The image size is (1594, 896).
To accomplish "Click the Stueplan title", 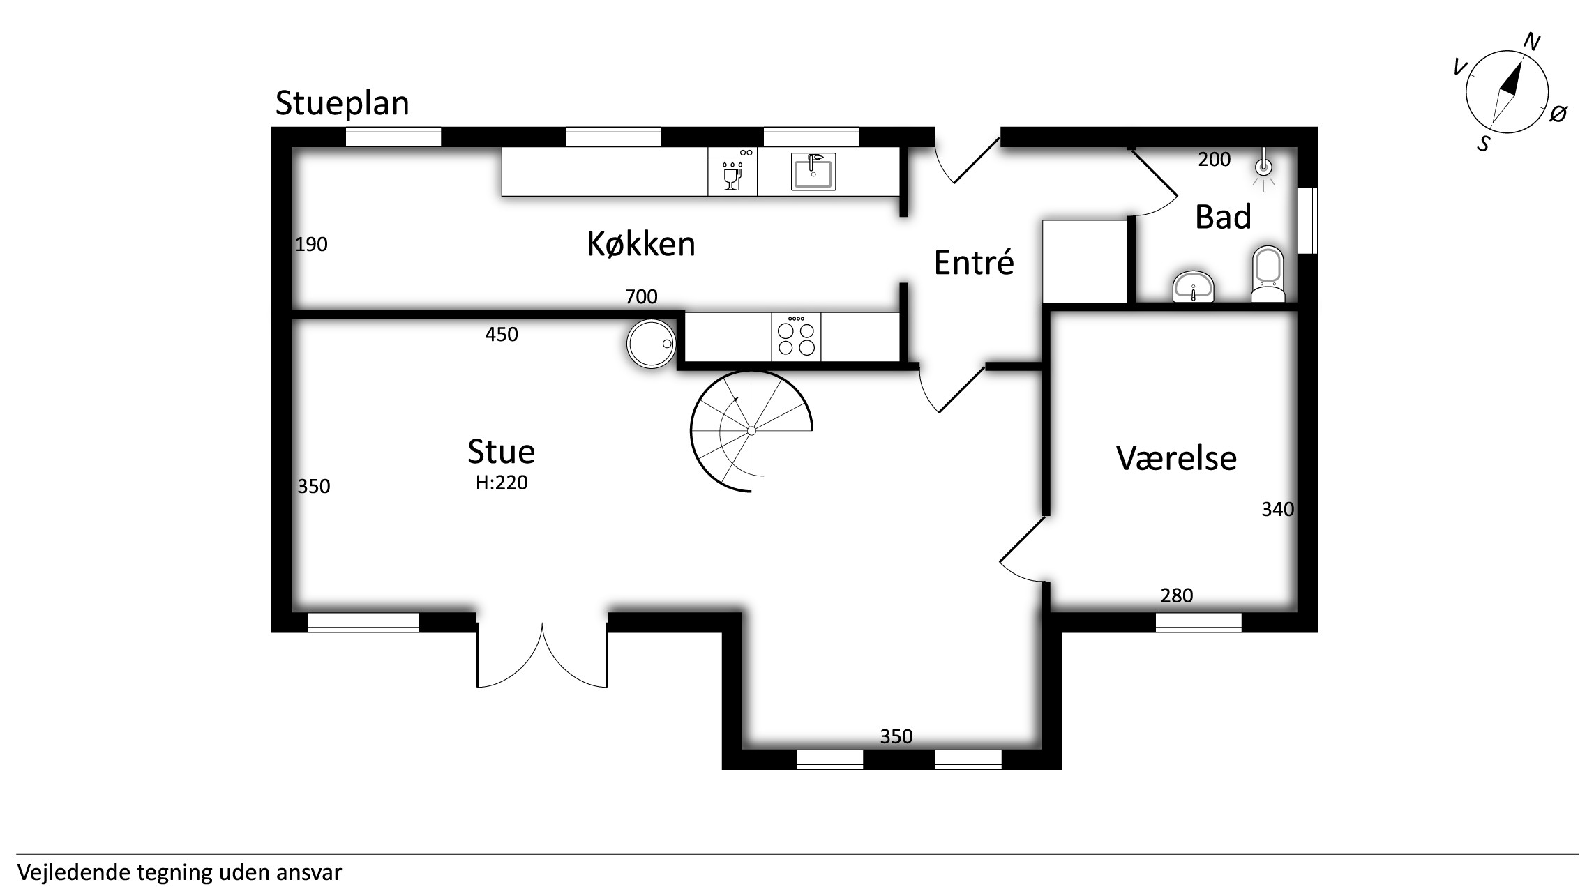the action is coord(342,104).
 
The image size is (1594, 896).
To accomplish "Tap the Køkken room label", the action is coord(641,244).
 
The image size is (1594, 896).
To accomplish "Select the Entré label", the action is coord(974,262).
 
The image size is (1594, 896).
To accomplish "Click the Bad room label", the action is coord(1223,217).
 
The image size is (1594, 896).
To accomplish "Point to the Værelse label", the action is coord(1176,458).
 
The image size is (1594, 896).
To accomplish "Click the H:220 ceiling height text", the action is coord(502,483).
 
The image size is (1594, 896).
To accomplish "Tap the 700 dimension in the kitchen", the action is coord(641,297).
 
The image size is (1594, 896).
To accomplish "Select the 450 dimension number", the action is coord(502,335).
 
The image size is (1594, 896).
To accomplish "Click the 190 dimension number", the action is coord(311,245).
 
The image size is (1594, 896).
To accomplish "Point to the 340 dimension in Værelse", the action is coord(1277,510).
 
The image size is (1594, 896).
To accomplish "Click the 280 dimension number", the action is coord(1177,595).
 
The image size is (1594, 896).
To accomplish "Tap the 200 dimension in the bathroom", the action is coord(1215,160).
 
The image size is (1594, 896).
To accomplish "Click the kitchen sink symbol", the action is coord(813,172).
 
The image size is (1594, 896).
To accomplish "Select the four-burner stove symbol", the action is coord(796,337).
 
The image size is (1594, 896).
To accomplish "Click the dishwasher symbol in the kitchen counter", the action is coord(732,172).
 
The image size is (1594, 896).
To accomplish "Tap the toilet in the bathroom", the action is coord(1268,274).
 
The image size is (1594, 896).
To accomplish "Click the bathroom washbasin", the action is coord(1194,287).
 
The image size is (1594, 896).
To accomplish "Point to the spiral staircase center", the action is coord(751,431).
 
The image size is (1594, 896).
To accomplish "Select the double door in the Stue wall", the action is coord(542,655).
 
